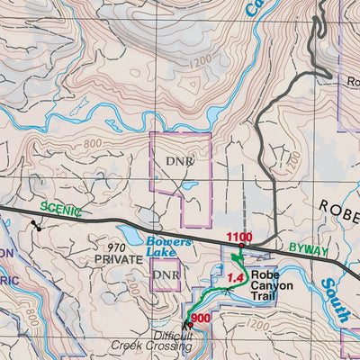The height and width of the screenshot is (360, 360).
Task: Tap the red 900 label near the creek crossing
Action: click(x=202, y=319)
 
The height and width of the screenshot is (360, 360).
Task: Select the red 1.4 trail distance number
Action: click(x=237, y=278)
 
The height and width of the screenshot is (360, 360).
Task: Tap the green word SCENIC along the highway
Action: click(x=60, y=211)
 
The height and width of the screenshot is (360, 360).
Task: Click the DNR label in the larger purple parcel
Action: click(x=180, y=161)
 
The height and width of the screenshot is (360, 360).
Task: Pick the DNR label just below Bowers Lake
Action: click(x=165, y=274)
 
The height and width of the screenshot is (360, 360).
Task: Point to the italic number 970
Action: click(x=116, y=247)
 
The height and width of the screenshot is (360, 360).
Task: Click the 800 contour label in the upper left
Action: click(x=91, y=144)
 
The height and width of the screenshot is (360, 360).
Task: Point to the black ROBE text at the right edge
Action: click(x=340, y=205)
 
